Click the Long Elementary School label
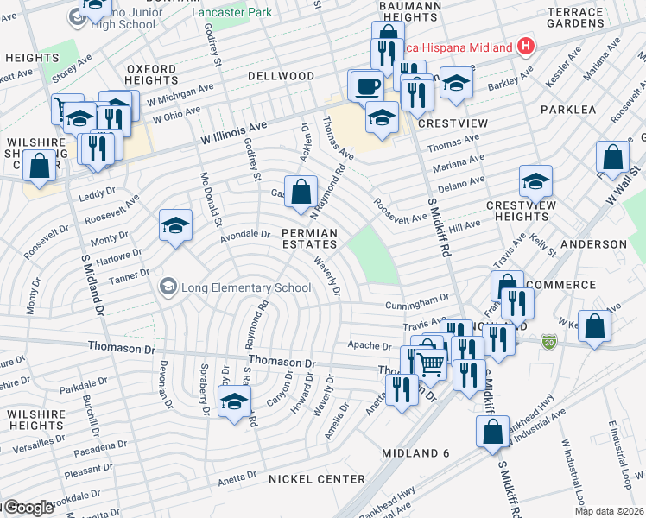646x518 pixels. [237, 287]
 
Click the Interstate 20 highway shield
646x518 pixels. [548, 343]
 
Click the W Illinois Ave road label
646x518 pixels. [234, 132]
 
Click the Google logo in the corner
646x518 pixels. [28, 508]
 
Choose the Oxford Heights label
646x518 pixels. [151, 74]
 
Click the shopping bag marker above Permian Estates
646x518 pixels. [301, 192]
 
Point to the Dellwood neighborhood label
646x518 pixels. [282, 76]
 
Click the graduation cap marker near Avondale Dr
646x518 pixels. [175, 226]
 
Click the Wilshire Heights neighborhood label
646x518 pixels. [36, 420]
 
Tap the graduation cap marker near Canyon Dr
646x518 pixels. [234, 401]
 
